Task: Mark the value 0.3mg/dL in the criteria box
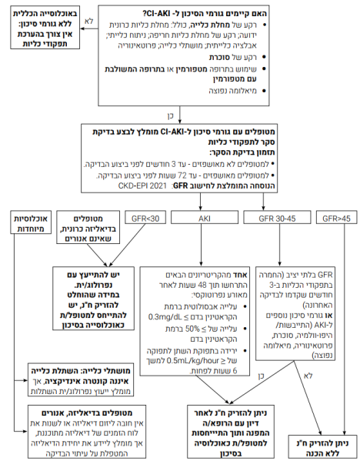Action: (x=164, y=316)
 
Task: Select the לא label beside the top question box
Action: (x=88, y=20)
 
